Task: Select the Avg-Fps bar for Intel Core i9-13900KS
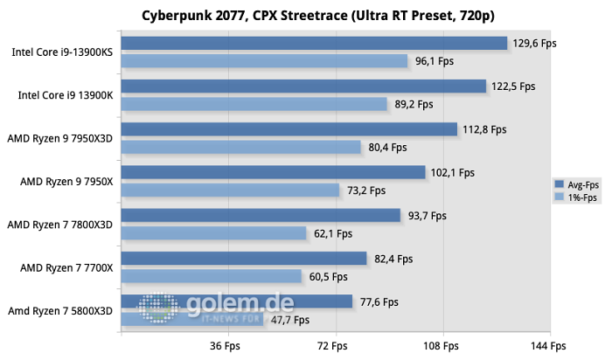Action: point(315,43)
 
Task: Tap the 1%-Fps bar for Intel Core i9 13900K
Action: point(254,104)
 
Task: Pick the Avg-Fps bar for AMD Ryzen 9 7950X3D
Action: point(289,129)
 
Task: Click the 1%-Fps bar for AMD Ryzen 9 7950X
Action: point(230,190)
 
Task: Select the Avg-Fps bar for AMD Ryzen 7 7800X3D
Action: point(261,215)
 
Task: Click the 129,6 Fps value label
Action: point(534,43)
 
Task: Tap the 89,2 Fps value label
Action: point(414,104)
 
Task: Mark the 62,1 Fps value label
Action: point(333,233)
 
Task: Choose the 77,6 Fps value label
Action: point(379,301)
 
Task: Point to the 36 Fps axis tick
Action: point(226,346)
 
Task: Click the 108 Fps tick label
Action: point(442,346)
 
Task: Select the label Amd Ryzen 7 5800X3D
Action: point(61,310)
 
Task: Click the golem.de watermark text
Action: point(240,303)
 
